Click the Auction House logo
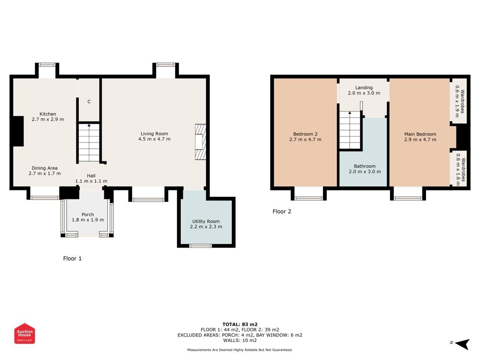[x=24, y=333]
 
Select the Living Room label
[x=154, y=133]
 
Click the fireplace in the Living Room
[x=200, y=142]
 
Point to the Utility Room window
[x=200, y=246]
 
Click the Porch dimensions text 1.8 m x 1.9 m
[x=88, y=220]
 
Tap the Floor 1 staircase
[x=89, y=143]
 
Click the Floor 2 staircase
[x=349, y=130]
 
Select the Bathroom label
[x=364, y=166]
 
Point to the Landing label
[x=364, y=87]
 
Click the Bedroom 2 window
[x=309, y=198]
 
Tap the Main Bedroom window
[x=408, y=198]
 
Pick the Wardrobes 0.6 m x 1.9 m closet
[x=459, y=101]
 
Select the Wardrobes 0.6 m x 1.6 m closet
[x=459, y=168]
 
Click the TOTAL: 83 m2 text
[x=240, y=324]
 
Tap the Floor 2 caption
[x=282, y=211]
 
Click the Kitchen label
[x=48, y=114]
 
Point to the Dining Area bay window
[x=45, y=198]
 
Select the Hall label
[x=91, y=176]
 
